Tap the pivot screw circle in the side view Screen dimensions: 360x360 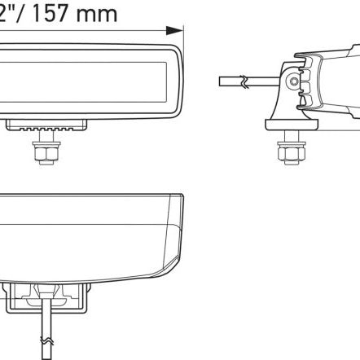[294, 80]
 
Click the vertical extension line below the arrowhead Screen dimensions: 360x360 [186, 49]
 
